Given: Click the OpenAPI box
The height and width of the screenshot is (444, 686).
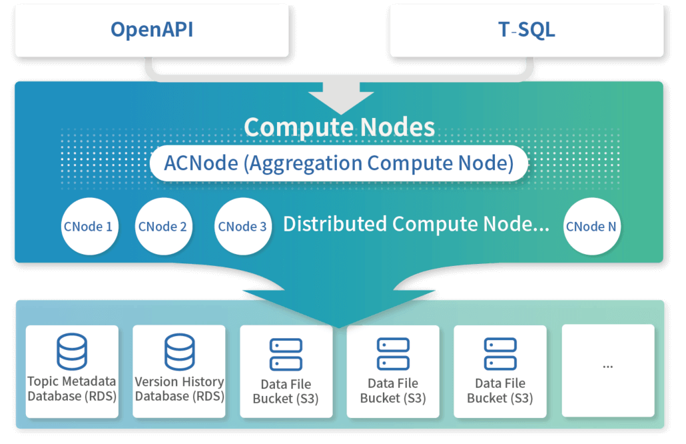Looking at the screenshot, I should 152,30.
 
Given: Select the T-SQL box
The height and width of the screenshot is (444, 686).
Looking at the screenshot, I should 526,30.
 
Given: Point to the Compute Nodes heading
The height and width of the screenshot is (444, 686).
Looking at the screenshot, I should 339,127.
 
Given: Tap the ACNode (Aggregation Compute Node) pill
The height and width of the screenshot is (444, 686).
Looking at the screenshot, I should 339,163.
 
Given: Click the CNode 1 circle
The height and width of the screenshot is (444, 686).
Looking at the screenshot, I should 88,227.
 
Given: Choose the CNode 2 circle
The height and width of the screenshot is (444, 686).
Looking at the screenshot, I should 163,227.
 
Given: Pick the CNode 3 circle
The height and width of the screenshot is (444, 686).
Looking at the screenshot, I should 242,227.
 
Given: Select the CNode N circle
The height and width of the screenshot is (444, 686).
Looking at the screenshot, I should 591,227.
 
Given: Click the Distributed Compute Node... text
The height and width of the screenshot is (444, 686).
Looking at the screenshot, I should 416,224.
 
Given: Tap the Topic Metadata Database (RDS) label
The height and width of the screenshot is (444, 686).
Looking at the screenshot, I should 72,389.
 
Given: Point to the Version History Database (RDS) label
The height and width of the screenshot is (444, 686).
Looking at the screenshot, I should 179,389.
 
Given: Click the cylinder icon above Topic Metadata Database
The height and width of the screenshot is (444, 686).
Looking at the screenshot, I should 72,352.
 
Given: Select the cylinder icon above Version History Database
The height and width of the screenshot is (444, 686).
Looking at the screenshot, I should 179,352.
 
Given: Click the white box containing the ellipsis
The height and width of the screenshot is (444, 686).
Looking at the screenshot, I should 608,370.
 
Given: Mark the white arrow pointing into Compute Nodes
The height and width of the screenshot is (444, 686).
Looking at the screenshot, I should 341,97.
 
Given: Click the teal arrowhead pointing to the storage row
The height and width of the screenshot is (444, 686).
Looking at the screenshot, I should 340,307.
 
